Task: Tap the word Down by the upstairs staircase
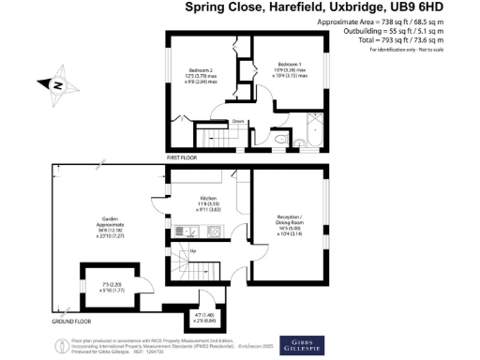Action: (x=239, y=120)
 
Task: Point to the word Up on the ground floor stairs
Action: (x=193, y=250)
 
